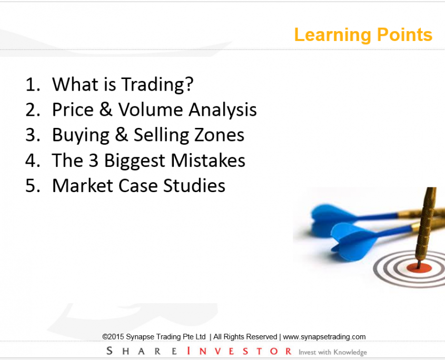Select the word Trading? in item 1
(157, 85)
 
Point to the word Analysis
(222, 110)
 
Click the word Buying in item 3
(81, 135)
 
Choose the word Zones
(217, 135)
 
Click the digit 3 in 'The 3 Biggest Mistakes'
(94, 161)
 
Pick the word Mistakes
(208, 160)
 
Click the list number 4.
(31, 161)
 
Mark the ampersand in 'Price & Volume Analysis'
(106, 109)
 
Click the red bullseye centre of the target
(419, 268)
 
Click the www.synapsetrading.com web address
(324, 337)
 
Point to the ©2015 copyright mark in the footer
(113, 337)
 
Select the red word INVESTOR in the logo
(239, 351)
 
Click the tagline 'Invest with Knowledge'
(333, 352)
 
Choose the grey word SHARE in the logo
(142, 351)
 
